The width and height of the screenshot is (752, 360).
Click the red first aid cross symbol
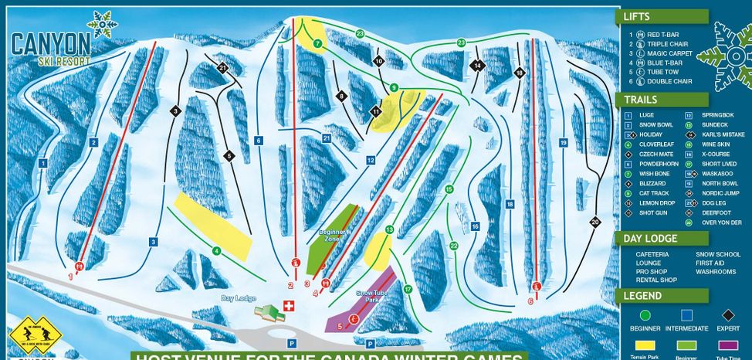(290, 307)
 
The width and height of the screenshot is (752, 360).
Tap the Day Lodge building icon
(267, 312)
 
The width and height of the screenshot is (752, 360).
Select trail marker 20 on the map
(594, 222)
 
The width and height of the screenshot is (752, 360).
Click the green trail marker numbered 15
(449, 188)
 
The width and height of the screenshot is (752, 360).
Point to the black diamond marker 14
(478, 66)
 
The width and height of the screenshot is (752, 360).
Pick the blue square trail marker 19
(564, 143)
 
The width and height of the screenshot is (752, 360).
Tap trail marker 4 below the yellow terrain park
(217, 250)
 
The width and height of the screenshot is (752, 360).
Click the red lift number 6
(530, 301)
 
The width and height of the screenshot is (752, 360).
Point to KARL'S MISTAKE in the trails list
(721, 134)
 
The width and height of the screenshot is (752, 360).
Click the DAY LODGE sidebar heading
(650, 239)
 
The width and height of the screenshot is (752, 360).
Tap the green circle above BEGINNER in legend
(646, 314)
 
